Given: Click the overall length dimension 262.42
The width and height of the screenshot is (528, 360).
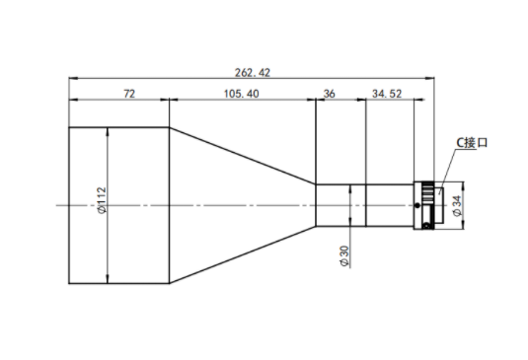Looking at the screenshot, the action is (253, 73).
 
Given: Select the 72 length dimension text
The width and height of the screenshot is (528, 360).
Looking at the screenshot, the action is (129, 94).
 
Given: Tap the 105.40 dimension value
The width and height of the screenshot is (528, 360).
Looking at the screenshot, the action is (242, 94).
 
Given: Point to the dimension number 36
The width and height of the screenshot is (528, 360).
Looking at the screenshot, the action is (329, 94).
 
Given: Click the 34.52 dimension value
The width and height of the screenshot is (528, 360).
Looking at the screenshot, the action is (387, 94).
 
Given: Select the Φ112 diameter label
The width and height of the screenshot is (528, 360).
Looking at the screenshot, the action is (102, 200).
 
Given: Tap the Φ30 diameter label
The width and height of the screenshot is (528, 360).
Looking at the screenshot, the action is (344, 256).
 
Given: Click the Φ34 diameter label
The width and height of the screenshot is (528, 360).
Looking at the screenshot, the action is (457, 206).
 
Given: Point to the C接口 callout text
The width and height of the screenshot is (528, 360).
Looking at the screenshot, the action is (472, 143).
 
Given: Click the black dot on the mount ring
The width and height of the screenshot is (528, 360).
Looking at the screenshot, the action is (417, 205).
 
